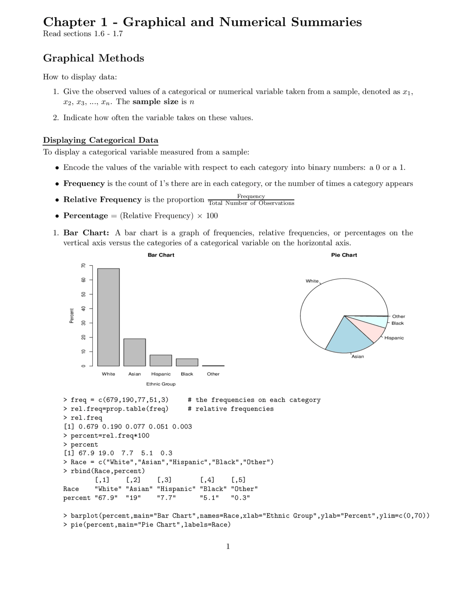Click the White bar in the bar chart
(x=108, y=317)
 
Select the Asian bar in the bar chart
(x=135, y=352)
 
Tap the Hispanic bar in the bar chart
(x=161, y=360)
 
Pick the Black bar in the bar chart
(x=187, y=362)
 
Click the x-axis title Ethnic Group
(x=161, y=384)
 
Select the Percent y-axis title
(x=72, y=316)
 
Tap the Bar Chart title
(x=161, y=255)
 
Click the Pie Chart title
(x=344, y=255)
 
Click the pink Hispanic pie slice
(x=367, y=329)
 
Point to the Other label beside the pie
(x=398, y=316)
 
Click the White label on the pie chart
(x=312, y=281)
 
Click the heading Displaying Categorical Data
(x=100, y=140)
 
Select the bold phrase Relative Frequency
(x=102, y=200)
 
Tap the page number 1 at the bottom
(x=228, y=547)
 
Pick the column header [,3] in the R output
(x=164, y=480)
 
